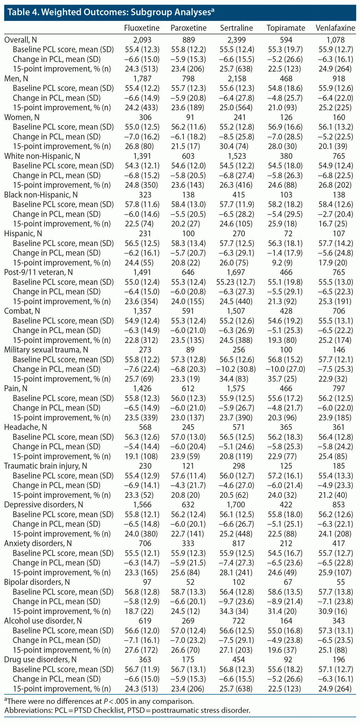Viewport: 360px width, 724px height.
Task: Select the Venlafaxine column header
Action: coord(335,28)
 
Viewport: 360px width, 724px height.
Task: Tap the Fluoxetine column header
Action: coord(142,28)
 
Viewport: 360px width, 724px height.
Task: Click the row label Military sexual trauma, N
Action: coord(46,350)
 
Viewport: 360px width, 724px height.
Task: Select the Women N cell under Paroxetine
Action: coord(188,117)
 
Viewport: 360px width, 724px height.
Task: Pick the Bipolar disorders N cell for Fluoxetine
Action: coord(142,582)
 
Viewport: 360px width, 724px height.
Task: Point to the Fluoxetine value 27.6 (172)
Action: coord(142,650)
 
